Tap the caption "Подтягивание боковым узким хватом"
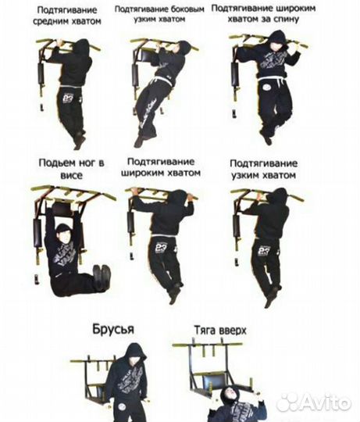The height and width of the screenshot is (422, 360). coord(160,14)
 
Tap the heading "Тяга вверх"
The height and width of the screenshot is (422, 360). coord(219,331)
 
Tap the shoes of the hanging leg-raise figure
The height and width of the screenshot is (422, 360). coord(102,275)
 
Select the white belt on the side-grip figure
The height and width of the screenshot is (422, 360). coord(162,80)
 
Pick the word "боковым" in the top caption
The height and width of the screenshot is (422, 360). coord(187,9)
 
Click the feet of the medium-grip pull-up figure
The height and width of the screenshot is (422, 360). coord(79,141)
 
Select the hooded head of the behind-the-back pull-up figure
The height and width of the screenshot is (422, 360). coord(276,41)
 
